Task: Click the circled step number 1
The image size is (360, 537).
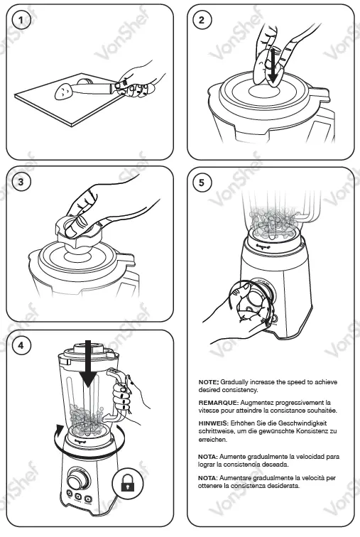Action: tap(21, 19)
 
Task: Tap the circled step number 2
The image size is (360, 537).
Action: tap(201, 19)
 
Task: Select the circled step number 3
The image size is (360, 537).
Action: tap(21, 182)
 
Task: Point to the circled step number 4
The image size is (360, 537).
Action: tap(21, 345)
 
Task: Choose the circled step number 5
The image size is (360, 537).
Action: tap(201, 183)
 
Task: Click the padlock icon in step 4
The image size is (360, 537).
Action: tap(128, 483)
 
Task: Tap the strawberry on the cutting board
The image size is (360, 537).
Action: tap(65, 91)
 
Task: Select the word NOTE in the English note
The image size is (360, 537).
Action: tap(208, 382)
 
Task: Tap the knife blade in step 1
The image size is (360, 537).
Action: tap(93, 89)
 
